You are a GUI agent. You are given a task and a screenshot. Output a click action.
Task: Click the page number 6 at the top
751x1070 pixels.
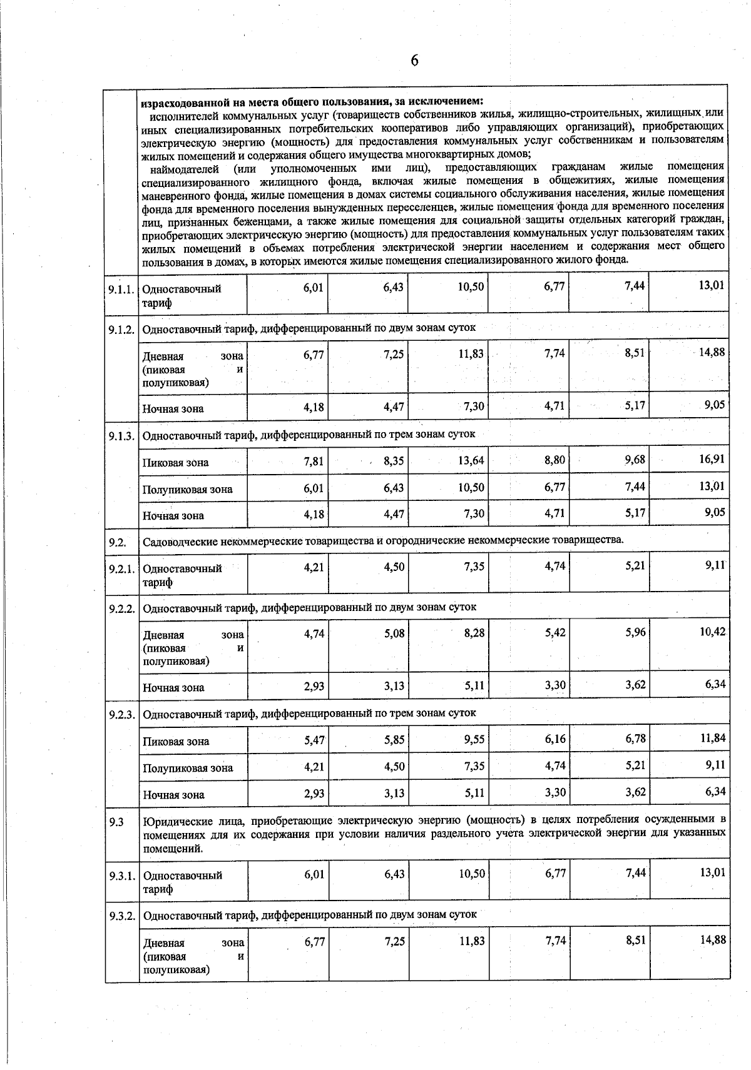coord(414,61)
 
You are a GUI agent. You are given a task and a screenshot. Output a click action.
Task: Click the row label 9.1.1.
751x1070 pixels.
coord(121,289)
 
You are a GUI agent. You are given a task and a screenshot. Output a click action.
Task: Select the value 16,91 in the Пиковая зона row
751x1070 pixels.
coord(712,460)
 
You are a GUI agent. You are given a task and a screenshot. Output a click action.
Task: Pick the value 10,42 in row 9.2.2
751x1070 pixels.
coord(712,632)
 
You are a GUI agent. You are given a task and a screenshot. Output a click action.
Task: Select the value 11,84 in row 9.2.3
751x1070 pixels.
coord(712,738)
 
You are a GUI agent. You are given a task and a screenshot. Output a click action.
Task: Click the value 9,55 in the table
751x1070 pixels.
coord(474,739)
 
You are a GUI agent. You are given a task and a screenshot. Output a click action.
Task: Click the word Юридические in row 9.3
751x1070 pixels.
coord(174,820)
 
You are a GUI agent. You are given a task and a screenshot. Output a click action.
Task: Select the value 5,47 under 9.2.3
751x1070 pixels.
coord(314,740)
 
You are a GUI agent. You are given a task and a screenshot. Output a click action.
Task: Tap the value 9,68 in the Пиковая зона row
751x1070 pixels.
coord(635,460)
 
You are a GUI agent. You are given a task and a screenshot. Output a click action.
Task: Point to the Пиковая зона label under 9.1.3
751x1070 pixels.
coord(176,463)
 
